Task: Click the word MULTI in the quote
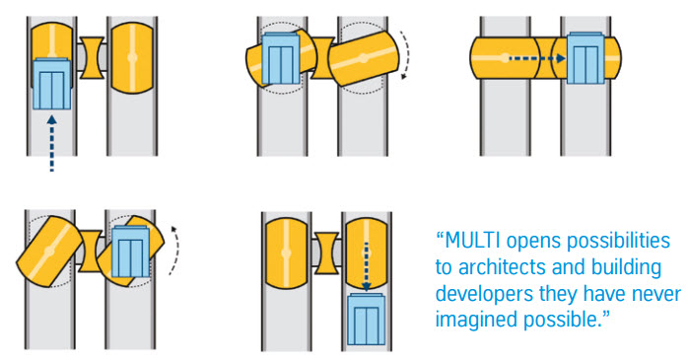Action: pos(472,241)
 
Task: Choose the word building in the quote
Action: pos(627,268)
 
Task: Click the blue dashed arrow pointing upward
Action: pos(52,143)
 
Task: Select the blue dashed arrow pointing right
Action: pos(537,58)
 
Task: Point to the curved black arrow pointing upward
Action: pos(174,251)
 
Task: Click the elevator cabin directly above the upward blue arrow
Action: pos(51,84)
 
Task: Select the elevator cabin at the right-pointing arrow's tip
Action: pos(586,58)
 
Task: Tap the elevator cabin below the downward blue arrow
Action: pos(367,319)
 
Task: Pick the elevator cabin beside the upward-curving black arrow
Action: pos(131,252)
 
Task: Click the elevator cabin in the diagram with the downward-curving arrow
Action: pos(281,58)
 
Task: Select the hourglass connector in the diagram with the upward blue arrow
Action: pos(92,58)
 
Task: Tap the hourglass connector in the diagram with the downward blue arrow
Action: pos(326,253)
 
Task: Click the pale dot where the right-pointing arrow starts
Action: pos(506,58)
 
